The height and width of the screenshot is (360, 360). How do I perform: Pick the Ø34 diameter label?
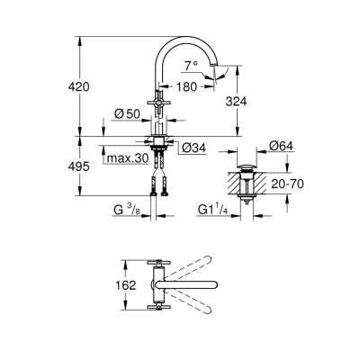(x=192, y=148)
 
